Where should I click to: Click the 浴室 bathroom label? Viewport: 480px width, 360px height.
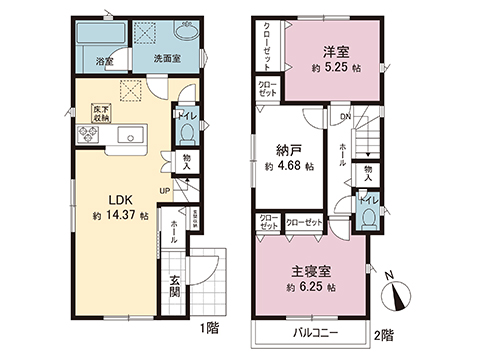(x=103, y=60)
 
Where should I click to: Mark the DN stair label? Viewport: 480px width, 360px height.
(x=345, y=118)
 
